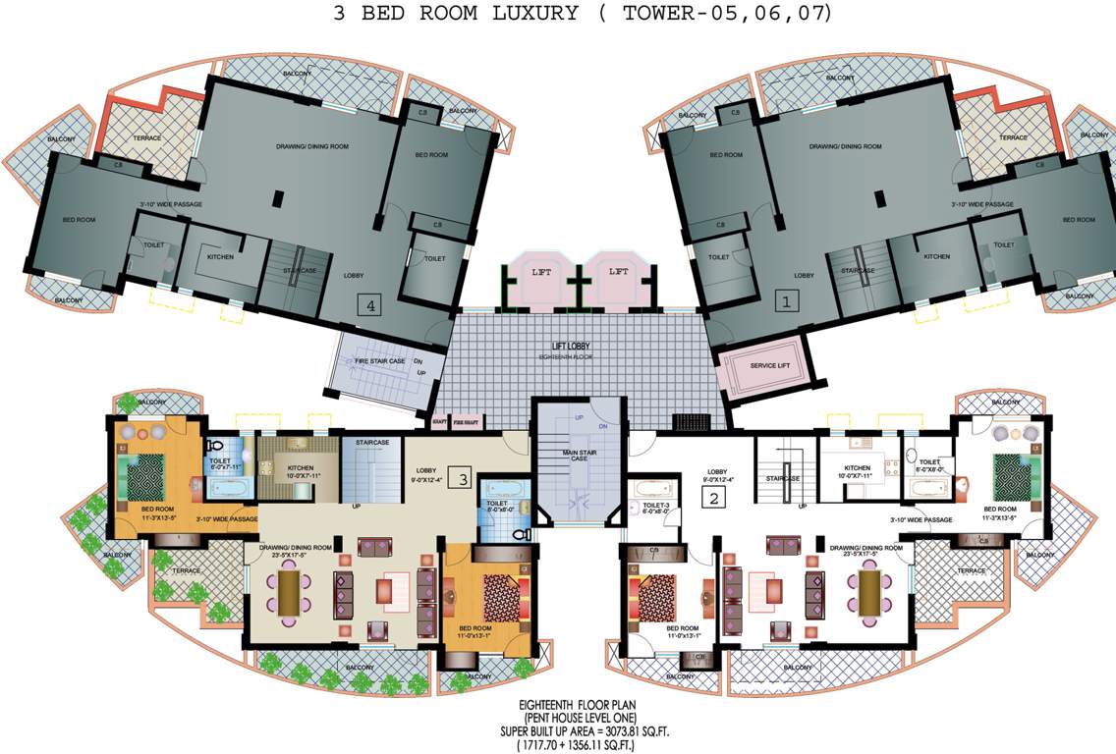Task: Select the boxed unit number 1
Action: point(784,303)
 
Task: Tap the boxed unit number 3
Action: point(464,479)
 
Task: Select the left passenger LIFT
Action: point(541,272)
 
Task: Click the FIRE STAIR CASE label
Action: point(372,361)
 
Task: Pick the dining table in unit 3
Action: point(292,591)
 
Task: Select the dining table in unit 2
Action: point(869,591)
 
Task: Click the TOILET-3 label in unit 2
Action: point(654,506)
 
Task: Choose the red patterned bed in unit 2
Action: point(652,592)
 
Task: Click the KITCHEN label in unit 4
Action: point(219,256)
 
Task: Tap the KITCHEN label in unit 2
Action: point(858,469)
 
